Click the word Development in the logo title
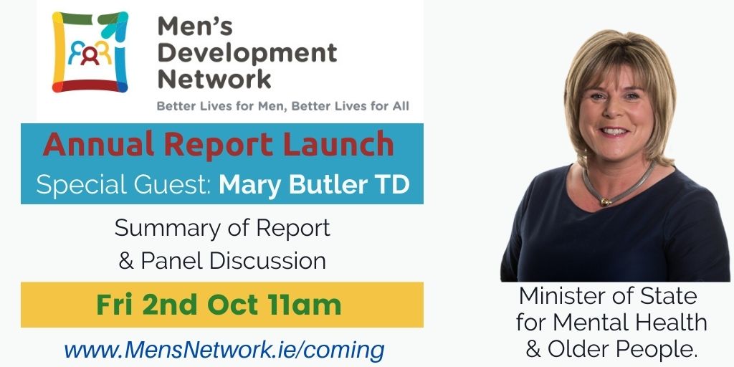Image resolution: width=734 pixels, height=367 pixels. (247, 52)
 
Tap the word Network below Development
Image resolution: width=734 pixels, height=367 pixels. (214, 79)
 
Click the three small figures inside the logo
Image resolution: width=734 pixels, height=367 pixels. (90, 52)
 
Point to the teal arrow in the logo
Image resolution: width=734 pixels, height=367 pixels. (112, 27)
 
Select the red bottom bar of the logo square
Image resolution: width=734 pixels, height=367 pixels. (89, 86)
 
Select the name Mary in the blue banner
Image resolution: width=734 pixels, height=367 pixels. (252, 186)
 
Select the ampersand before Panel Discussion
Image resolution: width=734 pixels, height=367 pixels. (126, 261)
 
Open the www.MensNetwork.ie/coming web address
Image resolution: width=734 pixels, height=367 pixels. (224, 350)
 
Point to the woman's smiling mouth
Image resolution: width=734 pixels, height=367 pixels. (614, 132)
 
